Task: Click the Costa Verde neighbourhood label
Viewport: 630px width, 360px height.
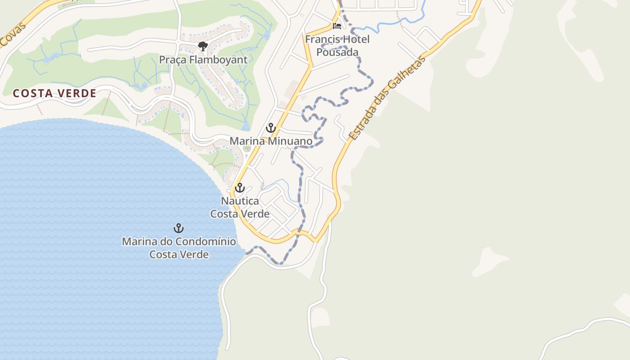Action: pos(54,93)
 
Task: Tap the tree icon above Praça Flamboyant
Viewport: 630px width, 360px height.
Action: pos(202,46)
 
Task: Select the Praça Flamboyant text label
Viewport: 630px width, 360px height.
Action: pos(203,60)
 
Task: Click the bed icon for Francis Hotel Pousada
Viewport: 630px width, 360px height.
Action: pos(337,26)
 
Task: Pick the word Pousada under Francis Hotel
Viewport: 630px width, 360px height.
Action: pos(337,52)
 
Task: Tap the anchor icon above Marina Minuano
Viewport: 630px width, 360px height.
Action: pos(270,128)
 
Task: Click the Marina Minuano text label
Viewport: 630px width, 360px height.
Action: pos(271,141)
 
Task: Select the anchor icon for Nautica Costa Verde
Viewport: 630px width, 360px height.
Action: pos(240,188)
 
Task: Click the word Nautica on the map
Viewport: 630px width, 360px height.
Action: pos(240,201)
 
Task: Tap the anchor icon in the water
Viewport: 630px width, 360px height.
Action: pos(179,228)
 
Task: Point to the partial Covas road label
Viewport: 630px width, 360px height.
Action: pos(12,35)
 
